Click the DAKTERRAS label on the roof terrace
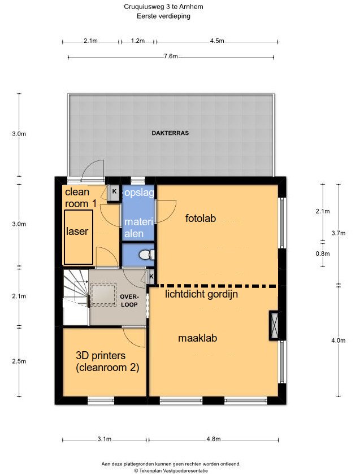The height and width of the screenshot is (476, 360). click(170, 133)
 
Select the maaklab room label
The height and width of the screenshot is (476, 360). click(198, 338)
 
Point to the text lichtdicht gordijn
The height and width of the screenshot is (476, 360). click(201, 294)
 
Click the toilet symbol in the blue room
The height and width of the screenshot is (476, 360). click(149, 255)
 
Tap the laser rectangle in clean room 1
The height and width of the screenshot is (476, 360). click(78, 237)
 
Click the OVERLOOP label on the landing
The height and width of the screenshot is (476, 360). click(129, 300)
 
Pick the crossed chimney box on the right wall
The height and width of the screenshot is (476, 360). click(275, 325)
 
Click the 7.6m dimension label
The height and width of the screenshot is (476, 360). click(171, 56)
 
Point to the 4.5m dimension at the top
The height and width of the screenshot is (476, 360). click(217, 41)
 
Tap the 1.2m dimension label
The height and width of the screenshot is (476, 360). click(138, 41)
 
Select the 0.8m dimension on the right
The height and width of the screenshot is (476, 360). click(322, 254)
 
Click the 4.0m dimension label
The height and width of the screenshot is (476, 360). click(338, 340)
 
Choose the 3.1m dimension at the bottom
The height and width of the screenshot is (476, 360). click(104, 439)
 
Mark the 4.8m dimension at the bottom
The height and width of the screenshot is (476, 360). click(213, 439)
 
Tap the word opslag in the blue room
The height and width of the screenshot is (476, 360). click(139, 193)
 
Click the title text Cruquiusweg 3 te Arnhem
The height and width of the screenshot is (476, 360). click(163, 7)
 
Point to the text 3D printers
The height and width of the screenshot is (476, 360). click(101, 355)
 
